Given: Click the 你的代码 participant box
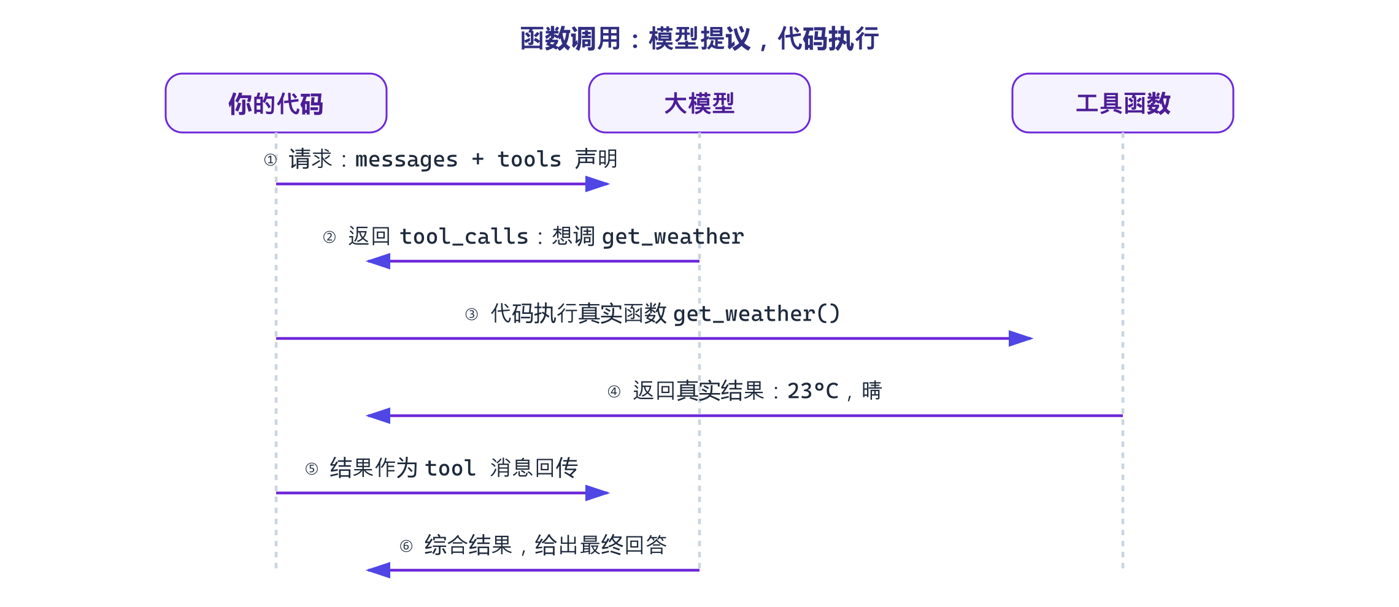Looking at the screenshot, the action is (276, 103).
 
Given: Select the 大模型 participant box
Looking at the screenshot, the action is (699, 103).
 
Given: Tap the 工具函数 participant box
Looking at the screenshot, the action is (1123, 103).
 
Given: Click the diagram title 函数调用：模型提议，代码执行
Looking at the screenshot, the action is (699, 39).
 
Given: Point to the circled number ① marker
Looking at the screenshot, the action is (270, 160).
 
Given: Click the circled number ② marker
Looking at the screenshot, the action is (330, 237).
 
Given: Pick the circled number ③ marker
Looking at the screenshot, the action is (471, 315).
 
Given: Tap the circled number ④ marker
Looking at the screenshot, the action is (614, 392).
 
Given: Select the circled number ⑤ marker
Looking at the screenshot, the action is (312, 469).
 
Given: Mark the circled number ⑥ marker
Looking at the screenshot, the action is (406, 546).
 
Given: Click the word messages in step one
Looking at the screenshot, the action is (406, 160).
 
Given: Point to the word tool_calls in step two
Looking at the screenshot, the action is (464, 237).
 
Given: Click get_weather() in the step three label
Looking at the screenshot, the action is (757, 315).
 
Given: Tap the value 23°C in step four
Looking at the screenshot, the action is (813, 391).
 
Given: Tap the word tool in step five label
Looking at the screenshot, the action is (450, 468).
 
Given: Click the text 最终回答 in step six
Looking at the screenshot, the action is (623, 545).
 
